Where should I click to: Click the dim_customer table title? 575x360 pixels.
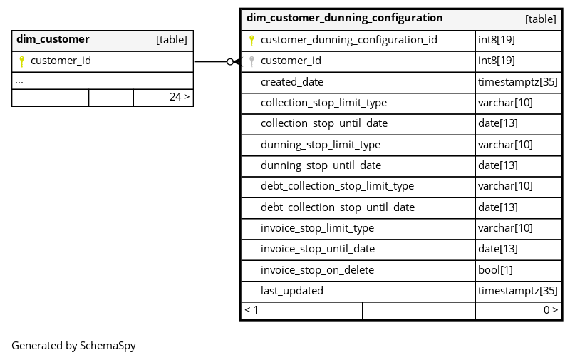[x=53, y=39]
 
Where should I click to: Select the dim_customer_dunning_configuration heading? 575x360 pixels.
[x=344, y=18]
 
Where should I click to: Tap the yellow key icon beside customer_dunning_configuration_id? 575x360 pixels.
[x=252, y=41]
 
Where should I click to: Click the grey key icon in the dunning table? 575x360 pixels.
[x=252, y=61]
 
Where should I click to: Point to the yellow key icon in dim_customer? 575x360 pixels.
[x=21, y=61]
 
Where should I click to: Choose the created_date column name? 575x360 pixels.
[x=292, y=82]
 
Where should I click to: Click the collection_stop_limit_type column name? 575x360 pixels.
[x=323, y=103]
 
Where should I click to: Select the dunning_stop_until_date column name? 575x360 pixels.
[x=321, y=165]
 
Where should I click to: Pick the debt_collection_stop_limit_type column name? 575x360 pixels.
[x=337, y=186]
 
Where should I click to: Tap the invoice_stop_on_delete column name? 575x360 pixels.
[x=317, y=270]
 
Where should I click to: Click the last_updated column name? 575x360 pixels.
[x=292, y=291]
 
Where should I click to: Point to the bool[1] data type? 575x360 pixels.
[x=495, y=270]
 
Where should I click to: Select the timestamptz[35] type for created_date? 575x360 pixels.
[x=518, y=82]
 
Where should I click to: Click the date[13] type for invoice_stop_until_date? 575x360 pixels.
[x=497, y=249]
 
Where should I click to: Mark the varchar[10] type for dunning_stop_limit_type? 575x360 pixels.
[x=505, y=145]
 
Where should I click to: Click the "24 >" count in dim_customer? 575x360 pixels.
[x=180, y=97]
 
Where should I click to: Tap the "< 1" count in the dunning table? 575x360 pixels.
[x=252, y=310]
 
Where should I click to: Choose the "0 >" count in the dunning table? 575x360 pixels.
[x=551, y=310]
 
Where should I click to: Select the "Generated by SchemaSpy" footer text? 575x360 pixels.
[x=73, y=346]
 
